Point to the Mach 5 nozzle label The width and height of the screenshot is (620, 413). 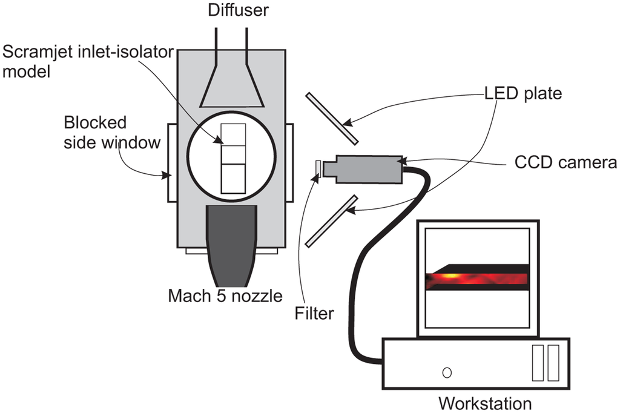tap(225, 296)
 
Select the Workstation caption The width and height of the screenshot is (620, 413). tap(485, 403)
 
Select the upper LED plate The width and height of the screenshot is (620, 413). tap(331, 118)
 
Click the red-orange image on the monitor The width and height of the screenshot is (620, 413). tap(477, 279)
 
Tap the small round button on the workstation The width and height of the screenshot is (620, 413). tap(447, 371)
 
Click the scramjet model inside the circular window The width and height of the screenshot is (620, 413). tap(233, 158)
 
